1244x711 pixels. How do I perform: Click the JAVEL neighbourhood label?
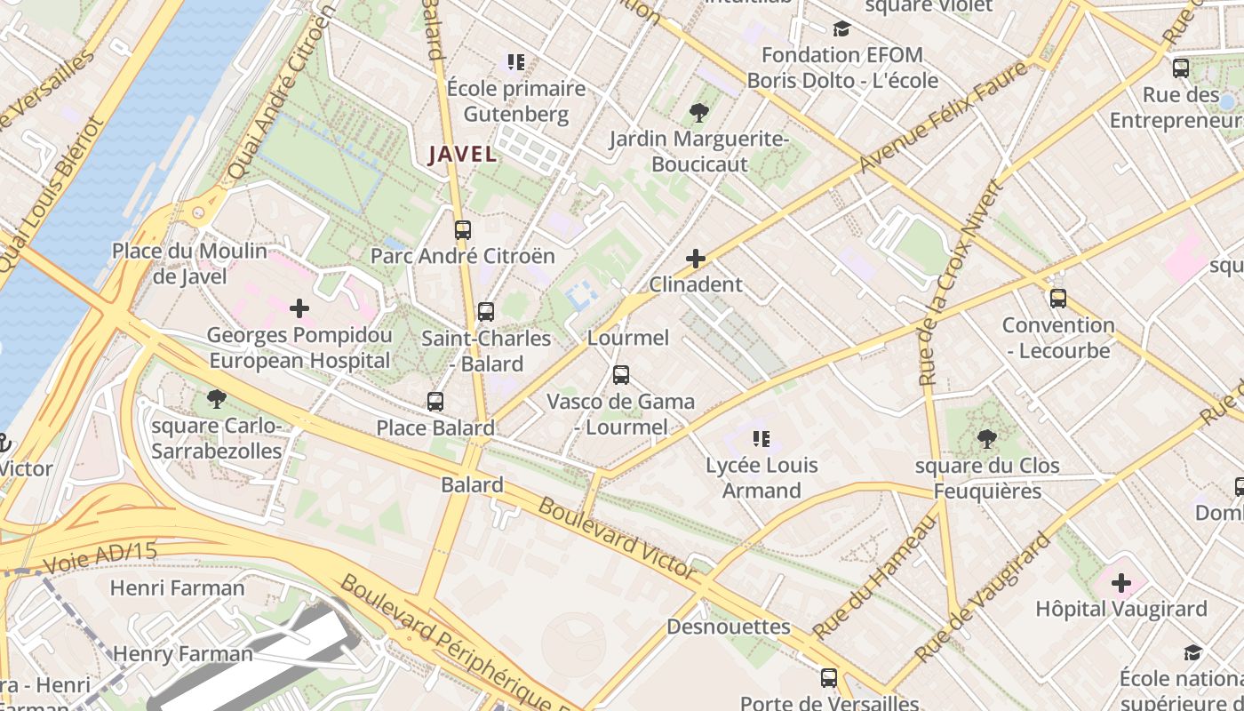pos(462,154)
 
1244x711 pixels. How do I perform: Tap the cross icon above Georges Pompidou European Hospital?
pos(299,308)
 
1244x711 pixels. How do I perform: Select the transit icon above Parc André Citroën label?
pos(462,230)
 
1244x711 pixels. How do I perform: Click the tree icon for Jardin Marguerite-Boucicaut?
pos(698,113)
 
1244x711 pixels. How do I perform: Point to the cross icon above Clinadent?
pos(696,259)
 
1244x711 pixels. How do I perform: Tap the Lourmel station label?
pos(628,338)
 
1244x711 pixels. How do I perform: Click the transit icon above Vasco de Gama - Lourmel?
pos(621,375)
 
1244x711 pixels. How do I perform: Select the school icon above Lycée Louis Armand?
pos(761,438)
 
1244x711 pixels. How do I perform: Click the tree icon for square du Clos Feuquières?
pos(986,438)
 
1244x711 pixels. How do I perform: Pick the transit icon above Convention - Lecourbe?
pos(1057,299)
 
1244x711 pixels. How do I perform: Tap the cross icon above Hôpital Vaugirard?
pos(1121,583)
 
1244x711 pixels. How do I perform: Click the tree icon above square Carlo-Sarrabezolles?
pos(215,398)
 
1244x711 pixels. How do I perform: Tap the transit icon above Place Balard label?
pos(435,402)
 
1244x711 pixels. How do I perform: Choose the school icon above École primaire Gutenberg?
pos(516,62)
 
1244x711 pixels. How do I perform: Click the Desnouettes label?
pos(728,627)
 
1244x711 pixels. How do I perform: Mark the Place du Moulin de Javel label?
pos(189,264)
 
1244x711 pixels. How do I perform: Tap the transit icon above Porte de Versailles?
pos(828,678)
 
